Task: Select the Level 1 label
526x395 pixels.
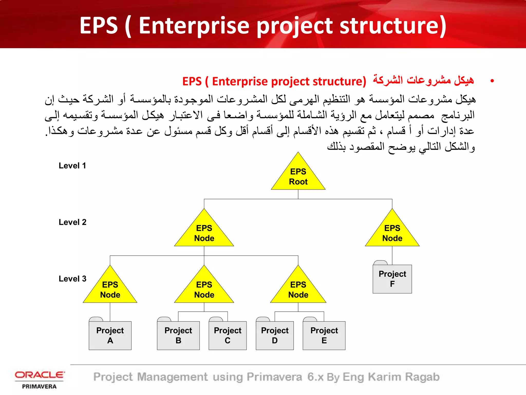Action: coord(72,166)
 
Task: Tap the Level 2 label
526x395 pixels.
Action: coord(72,222)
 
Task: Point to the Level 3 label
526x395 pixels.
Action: coord(72,279)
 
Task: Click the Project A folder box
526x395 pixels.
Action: coord(110,335)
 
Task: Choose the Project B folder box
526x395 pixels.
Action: coord(178,335)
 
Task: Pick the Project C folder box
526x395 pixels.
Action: coord(228,335)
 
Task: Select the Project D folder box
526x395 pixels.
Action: coord(275,335)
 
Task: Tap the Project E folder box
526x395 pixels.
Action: coord(324,335)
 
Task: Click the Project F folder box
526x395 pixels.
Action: coord(392,279)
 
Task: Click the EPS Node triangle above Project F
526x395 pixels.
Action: coord(392,233)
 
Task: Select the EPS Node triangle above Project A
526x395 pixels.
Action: coord(110,290)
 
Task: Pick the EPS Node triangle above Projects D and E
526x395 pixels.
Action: coord(298,290)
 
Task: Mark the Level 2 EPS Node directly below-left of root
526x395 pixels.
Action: coord(204,233)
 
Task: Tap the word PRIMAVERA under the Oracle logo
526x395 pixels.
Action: coord(39,387)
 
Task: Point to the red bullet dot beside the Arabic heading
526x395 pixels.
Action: coord(492,81)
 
